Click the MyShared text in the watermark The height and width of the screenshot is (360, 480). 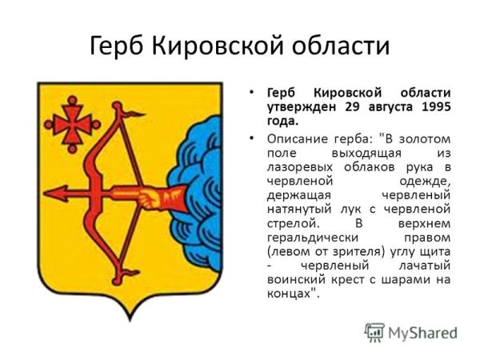[x=422, y=333]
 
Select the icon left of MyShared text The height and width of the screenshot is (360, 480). [x=374, y=332]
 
